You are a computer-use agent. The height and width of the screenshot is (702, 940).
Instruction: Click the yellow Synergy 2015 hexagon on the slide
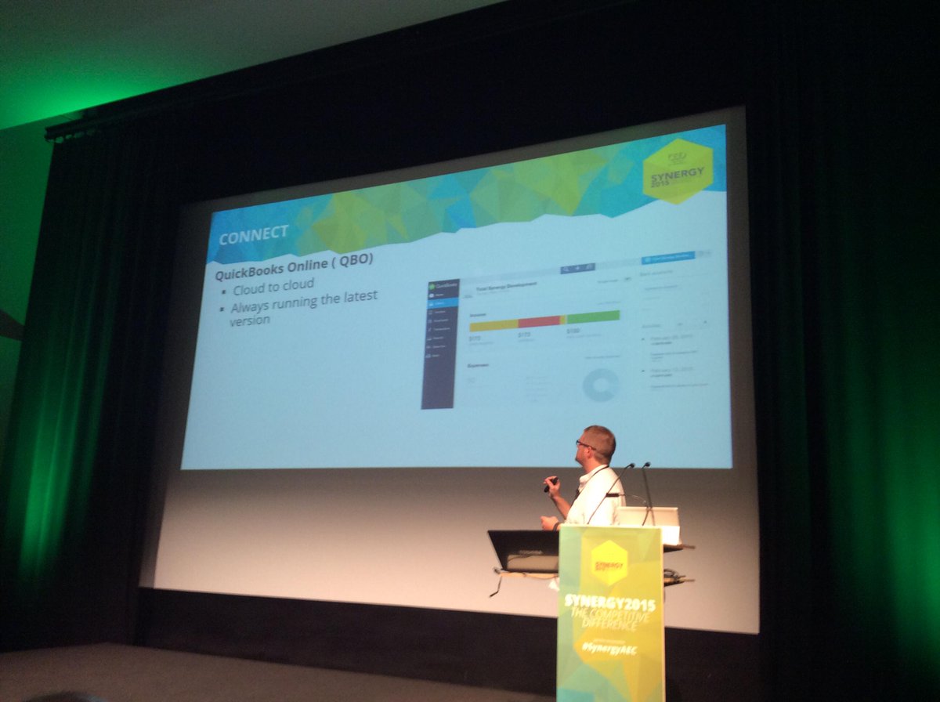(x=677, y=171)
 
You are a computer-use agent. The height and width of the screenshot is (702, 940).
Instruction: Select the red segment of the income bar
(x=539, y=321)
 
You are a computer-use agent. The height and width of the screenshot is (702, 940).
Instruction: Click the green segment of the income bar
(x=593, y=317)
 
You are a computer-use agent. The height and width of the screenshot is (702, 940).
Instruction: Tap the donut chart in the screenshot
(x=602, y=385)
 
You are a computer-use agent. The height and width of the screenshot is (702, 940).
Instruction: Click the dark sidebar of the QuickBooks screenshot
(x=439, y=345)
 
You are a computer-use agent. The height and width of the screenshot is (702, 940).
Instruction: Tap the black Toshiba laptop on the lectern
(x=523, y=550)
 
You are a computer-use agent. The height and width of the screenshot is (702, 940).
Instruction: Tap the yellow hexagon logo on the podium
(x=610, y=563)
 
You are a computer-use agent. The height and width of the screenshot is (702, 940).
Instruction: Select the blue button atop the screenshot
(x=668, y=257)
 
